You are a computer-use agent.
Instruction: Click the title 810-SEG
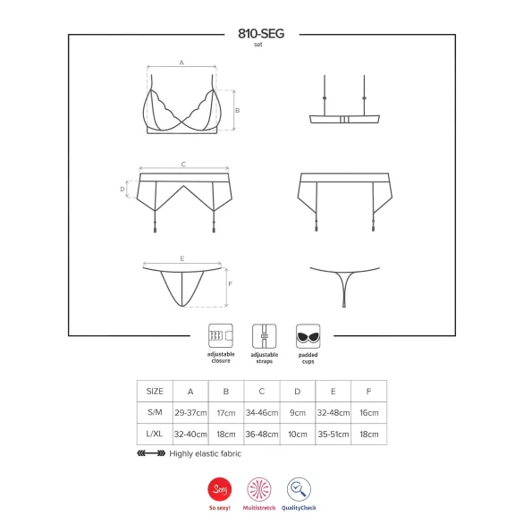point(260,33)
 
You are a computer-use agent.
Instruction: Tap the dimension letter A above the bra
point(181,63)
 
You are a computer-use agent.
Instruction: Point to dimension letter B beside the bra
point(237,110)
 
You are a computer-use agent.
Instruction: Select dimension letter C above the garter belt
point(182,164)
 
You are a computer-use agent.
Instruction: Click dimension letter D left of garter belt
point(122,189)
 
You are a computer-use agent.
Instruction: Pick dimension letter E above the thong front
point(181,257)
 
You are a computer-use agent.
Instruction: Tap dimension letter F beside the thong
point(231,285)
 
